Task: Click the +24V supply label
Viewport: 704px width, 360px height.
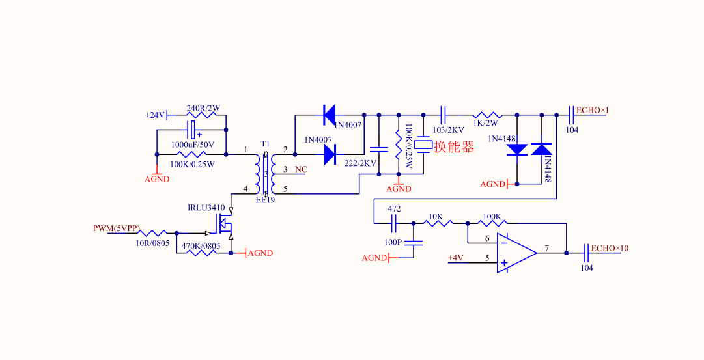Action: [155, 115]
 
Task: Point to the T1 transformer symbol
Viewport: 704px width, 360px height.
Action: [265, 173]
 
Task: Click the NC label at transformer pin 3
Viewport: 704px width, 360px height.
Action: [301, 170]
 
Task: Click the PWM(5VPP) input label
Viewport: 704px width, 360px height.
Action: [116, 228]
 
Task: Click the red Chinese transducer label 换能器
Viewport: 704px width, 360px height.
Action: [454, 147]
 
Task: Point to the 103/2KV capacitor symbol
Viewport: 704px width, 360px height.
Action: [443, 115]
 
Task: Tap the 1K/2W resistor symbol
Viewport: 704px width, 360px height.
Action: [485, 115]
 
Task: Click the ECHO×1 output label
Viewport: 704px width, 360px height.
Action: [592, 111]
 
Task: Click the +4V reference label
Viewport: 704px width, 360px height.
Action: [455, 258]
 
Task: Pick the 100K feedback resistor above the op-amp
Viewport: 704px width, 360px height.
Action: [492, 223]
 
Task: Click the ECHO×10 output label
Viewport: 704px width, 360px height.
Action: [610, 249]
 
